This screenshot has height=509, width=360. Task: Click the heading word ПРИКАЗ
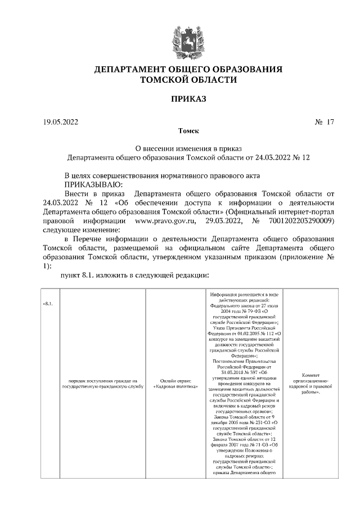(x=188, y=99)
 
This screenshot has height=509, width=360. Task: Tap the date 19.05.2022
(x=61, y=121)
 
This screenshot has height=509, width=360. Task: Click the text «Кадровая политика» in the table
(x=175, y=387)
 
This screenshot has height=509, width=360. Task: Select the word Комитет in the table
(x=310, y=375)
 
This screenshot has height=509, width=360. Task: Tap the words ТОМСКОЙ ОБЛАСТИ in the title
(x=188, y=80)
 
